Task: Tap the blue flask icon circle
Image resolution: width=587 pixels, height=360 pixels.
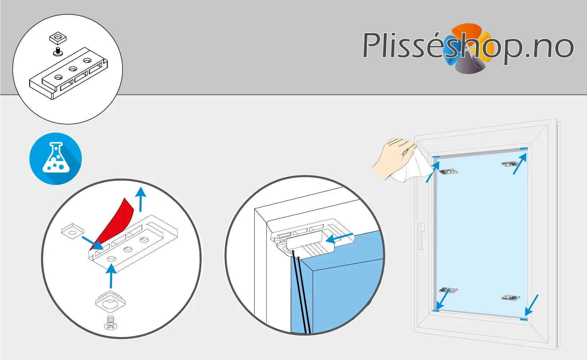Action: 55,159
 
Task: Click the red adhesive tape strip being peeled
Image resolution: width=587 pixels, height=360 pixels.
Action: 113,224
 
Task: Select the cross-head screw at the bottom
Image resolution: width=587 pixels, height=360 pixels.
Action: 111,323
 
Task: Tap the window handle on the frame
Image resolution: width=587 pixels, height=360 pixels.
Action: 421,236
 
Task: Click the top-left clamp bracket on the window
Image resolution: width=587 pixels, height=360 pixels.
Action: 448,172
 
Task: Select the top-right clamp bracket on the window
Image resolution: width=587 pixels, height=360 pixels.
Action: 510,164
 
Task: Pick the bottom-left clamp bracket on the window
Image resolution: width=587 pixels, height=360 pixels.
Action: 448,290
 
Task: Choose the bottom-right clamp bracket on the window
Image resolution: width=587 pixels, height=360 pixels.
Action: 511,298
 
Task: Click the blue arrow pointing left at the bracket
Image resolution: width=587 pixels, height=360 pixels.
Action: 339,238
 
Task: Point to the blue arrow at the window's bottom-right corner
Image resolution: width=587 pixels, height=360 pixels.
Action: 532,305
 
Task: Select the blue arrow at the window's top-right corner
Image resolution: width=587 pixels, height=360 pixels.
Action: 520,164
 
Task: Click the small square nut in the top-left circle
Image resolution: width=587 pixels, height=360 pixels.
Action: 58,39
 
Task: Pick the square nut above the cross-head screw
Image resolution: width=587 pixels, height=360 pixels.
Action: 110,302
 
